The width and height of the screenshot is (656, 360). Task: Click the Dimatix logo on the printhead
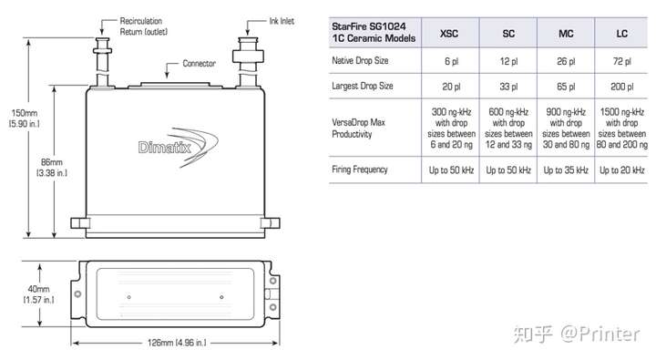[x=178, y=147]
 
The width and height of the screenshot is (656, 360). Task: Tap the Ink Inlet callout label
[x=282, y=21]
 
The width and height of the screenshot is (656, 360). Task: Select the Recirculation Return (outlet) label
[x=144, y=26]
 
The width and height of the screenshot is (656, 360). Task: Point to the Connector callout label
[x=199, y=64]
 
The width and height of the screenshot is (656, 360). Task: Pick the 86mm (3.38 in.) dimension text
[x=52, y=168]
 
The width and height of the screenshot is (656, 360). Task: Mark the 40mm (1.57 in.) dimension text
[x=38, y=294]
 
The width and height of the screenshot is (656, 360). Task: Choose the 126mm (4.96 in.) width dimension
[x=177, y=343]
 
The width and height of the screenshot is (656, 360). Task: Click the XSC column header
[x=449, y=34]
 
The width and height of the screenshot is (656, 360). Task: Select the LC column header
[x=621, y=34]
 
